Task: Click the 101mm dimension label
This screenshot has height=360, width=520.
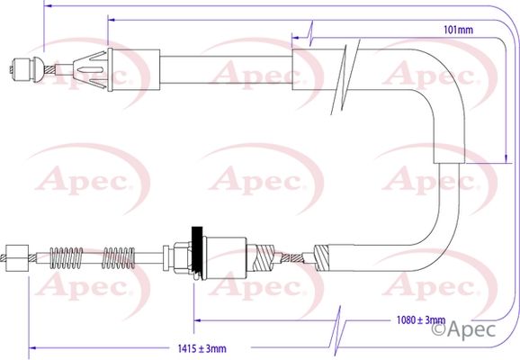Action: coord(458,30)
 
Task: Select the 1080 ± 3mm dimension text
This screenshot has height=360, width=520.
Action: coord(421,319)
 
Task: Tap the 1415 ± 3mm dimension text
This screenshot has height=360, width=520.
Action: coord(202,348)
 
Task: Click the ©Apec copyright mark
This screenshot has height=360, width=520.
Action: coord(463,329)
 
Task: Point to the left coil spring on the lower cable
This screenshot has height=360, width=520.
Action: coord(67,257)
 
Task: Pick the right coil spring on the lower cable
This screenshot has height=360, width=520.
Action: coord(119,257)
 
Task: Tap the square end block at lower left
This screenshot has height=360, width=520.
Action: coord(17,257)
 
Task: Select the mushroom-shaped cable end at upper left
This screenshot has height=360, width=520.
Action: coord(26,69)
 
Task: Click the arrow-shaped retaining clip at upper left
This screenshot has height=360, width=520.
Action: coord(92,70)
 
